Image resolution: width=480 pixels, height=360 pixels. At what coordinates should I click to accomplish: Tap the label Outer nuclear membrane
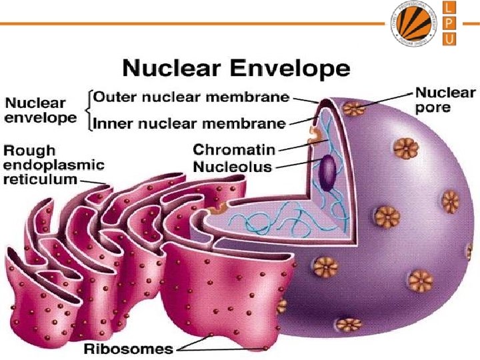click(191, 97)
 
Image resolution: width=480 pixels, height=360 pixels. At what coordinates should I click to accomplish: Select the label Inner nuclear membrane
click(189, 123)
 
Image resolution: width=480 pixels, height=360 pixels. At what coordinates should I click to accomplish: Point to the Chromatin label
click(233, 149)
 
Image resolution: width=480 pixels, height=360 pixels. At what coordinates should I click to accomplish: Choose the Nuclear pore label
click(445, 99)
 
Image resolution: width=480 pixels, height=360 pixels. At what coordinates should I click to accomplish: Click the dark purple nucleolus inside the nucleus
click(327, 171)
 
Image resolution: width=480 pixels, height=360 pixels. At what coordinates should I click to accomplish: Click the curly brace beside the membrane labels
click(88, 110)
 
